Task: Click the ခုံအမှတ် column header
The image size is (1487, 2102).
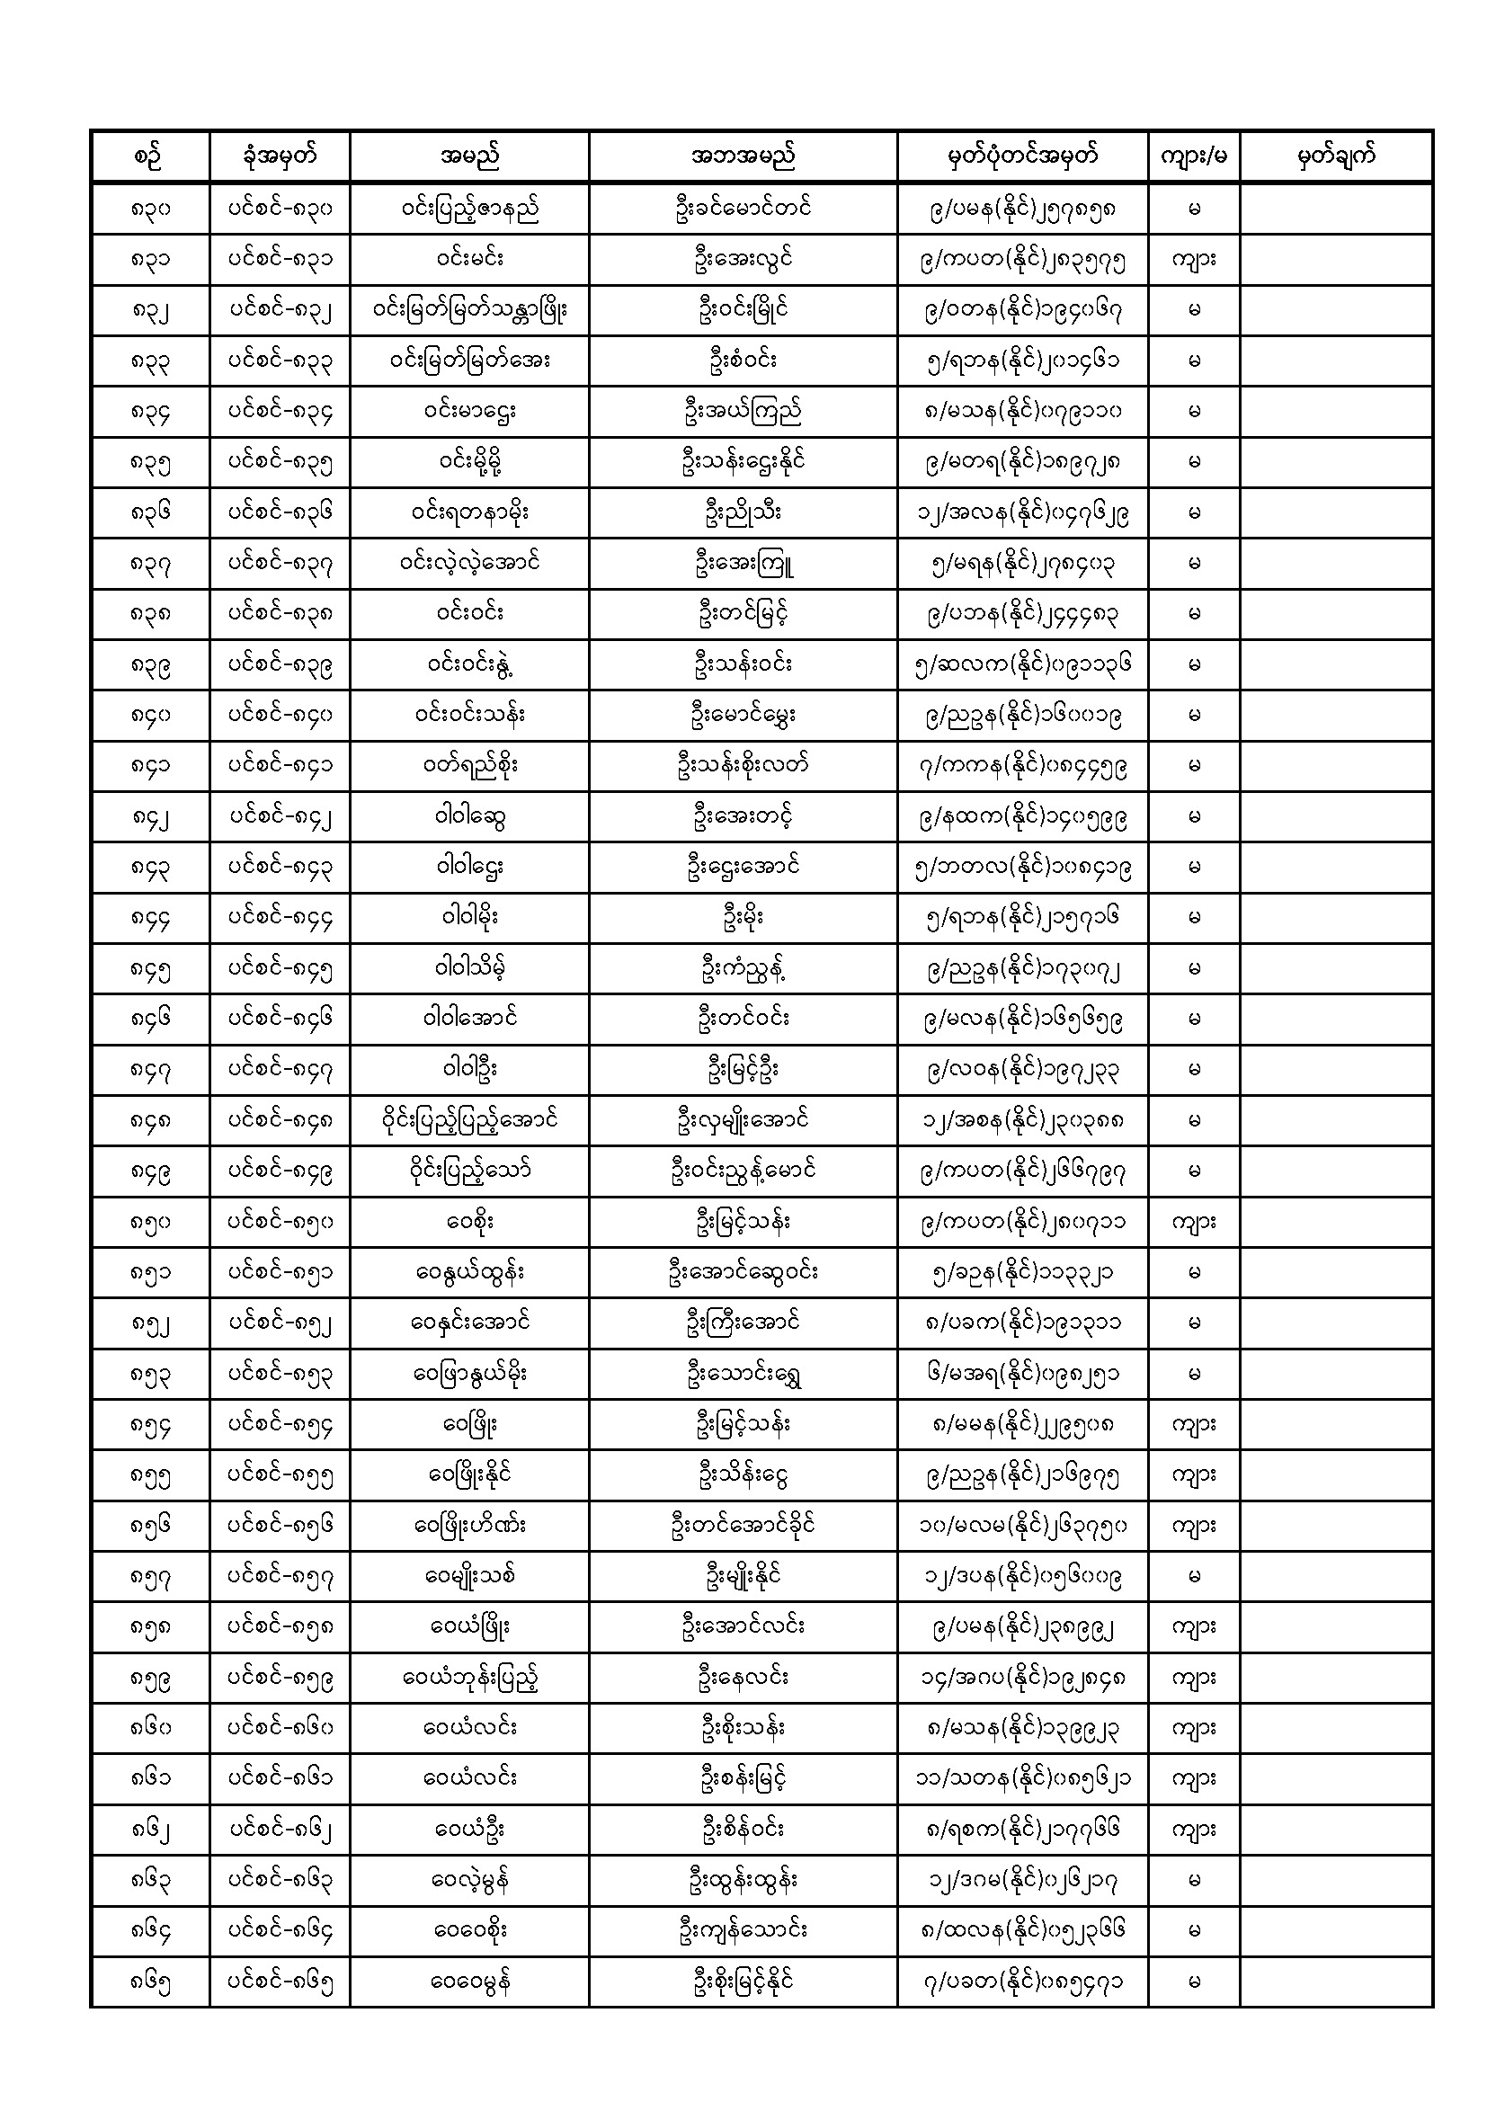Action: [x=280, y=156]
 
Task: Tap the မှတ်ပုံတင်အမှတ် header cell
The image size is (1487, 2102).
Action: [x=1022, y=156]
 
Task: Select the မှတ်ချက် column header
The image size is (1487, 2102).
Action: [x=1336, y=156]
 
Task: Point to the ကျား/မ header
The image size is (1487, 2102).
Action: [x=1193, y=156]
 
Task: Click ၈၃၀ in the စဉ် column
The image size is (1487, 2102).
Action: [x=150, y=209]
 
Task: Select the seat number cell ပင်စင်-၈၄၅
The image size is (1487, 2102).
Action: [x=280, y=968]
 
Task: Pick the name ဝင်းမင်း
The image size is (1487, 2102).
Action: [x=468, y=259]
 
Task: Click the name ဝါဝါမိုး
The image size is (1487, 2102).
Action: [x=468, y=917]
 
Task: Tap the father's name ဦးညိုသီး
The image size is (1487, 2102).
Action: [x=742, y=512]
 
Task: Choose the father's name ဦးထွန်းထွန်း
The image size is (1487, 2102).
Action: [x=742, y=1881]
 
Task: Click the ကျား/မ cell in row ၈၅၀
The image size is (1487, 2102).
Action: [x=1193, y=1222]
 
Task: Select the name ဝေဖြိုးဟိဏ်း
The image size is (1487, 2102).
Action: [x=468, y=1525]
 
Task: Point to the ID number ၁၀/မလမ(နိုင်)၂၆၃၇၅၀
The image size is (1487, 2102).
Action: [x=1022, y=1525]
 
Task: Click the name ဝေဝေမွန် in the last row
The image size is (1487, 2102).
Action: [x=468, y=1982]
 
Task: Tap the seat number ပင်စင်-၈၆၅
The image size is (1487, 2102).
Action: [x=280, y=1982]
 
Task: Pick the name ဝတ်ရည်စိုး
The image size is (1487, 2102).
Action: [x=468, y=765]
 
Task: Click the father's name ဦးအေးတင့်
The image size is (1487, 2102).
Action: [x=742, y=816]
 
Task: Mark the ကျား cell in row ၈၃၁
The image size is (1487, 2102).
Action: [x=1193, y=259]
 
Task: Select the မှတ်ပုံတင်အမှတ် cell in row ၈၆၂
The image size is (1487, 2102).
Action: [x=1022, y=1830]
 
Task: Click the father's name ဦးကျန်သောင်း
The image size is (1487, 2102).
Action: [x=742, y=1931]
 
